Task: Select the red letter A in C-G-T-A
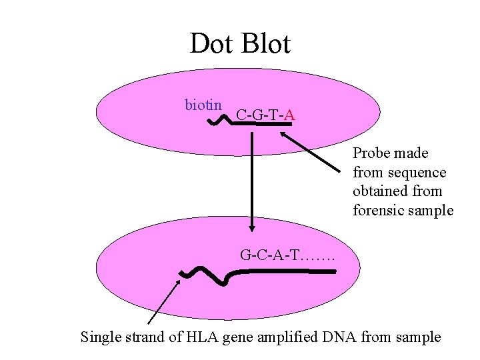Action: coord(290,116)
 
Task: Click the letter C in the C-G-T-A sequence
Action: coord(241,116)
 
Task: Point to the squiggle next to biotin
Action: coord(219,120)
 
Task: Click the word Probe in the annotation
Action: coord(372,153)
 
